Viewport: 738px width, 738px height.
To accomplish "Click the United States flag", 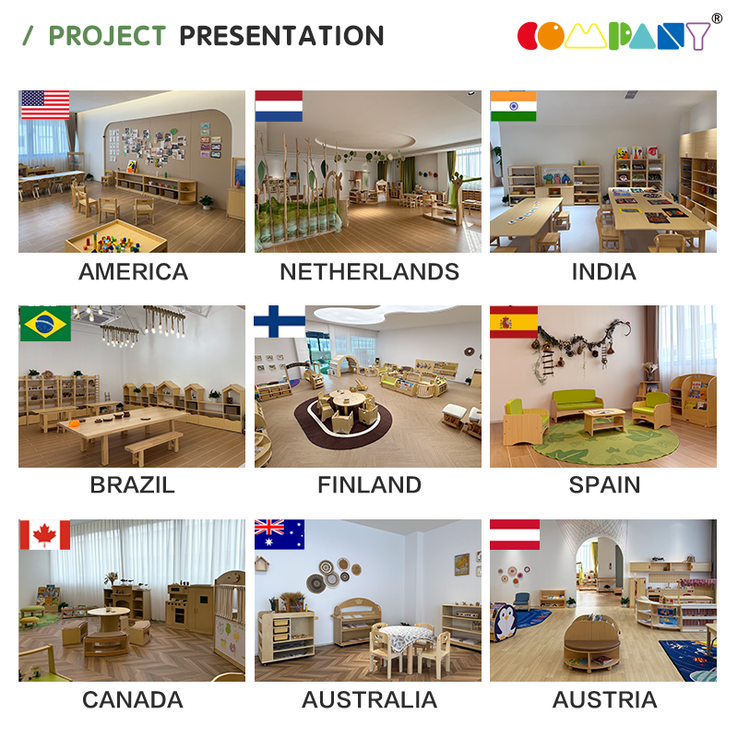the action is click(x=45, y=104).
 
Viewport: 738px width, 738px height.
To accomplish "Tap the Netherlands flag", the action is click(x=279, y=106).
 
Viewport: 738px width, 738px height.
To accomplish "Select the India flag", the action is click(x=513, y=106).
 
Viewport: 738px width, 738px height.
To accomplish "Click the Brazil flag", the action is click(x=45, y=324).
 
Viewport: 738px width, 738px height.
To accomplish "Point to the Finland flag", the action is click(x=280, y=321).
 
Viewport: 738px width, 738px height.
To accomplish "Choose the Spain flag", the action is click(x=514, y=322).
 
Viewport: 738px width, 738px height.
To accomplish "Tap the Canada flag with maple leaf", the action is click(x=44, y=535).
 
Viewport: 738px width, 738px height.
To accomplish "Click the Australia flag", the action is click(x=280, y=535).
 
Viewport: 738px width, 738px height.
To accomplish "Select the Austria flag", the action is click(x=515, y=535).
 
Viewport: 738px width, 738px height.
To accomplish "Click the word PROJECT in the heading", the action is click(x=107, y=36).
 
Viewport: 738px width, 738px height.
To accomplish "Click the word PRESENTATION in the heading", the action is click(x=281, y=36).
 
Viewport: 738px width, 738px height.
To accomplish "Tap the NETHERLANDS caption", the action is click(x=370, y=271).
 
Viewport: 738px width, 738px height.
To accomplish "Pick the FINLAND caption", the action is click(x=370, y=485).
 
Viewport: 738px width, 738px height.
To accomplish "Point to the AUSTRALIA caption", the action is click(x=370, y=699).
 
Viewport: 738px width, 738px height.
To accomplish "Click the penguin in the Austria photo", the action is click(x=505, y=622).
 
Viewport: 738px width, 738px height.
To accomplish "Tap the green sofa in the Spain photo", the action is click(x=577, y=404).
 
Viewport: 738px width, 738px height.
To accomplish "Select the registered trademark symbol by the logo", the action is click(x=717, y=18).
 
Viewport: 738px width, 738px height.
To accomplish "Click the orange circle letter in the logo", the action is click(x=551, y=36).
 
